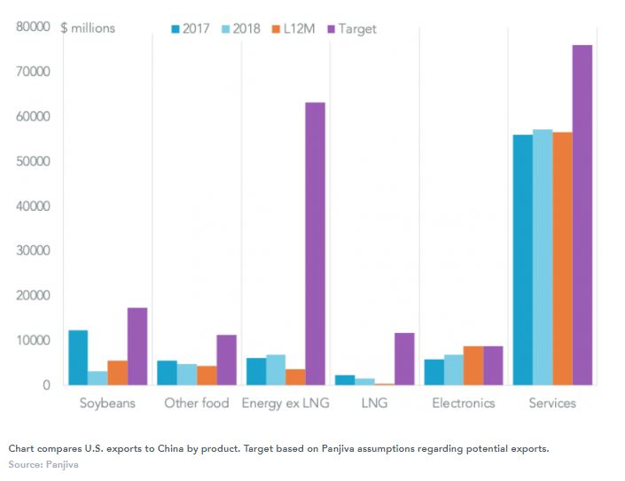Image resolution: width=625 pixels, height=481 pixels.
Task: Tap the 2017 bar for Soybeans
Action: tap(78, 358)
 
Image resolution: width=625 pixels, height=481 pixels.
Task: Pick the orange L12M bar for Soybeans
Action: tap(117, 373)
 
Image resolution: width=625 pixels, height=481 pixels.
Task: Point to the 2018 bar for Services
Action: tap(543, 257)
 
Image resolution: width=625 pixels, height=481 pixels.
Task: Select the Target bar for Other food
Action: tap(226, 360)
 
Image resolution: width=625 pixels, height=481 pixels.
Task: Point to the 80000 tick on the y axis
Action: tap(32, 27)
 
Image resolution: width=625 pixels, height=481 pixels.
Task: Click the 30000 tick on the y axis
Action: tap(32, 251)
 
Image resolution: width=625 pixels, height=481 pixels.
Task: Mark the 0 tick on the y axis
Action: tap(44, 385)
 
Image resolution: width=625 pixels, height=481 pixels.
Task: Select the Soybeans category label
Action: tap(107, 404)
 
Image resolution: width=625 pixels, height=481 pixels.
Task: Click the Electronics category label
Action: tap(464, 404)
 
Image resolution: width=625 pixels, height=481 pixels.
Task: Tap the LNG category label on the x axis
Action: tap(374, 404)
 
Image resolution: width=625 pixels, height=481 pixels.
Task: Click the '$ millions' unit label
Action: tap(88, 28)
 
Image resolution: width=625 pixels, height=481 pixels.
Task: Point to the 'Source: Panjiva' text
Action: tap(44, 464)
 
